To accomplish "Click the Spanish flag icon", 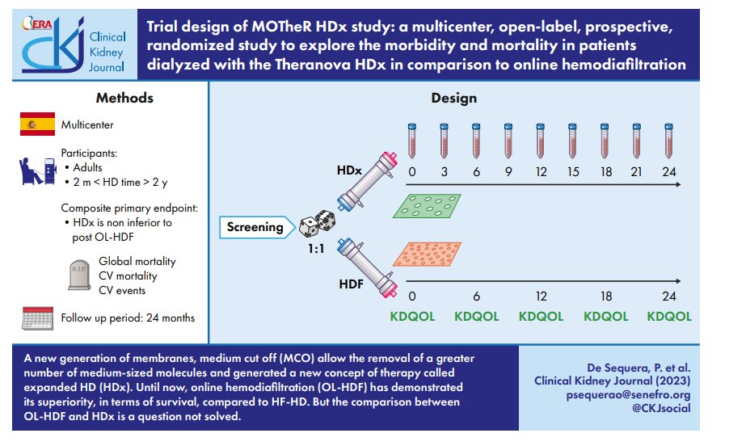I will (x=37, y=124).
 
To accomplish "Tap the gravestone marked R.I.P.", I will (x=78, y=275).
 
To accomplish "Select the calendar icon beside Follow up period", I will (x=37, y=317).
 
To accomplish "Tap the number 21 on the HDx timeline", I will (x=637, y=172).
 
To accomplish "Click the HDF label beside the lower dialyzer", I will (x=350, y=285).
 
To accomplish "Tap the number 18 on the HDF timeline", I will (x=604, y=297).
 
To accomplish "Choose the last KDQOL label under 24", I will (x=669, y=317).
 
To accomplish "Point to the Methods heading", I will (x=124, y=99).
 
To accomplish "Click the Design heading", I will (x=453, y=99).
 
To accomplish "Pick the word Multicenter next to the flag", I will (x=87, y=125).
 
